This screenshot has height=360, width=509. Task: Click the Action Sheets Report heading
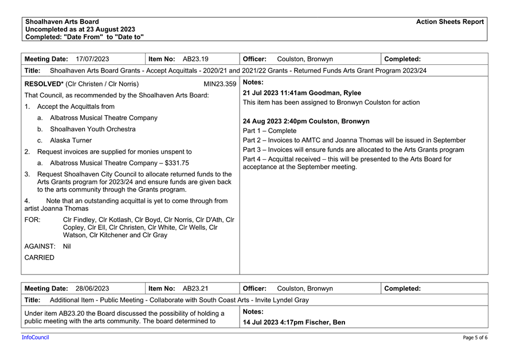pyautogui.click(x=450, y=22)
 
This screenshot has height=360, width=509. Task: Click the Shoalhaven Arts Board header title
pyautogui.click(x=62, y=22)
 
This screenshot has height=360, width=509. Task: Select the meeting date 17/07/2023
pyautogui.click(x=92, y=59)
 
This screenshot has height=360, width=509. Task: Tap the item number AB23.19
pyautogui.click(x=195, y=59)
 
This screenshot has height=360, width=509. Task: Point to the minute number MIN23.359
pyautogui.click(x=220, y=84)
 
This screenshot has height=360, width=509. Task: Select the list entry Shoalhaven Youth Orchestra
pyautogui.click(x=93, y=129)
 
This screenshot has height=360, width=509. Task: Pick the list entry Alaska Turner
pyautogui.click(x=71, y=140)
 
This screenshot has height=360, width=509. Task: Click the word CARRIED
pyautogui.click(x=40, y=257)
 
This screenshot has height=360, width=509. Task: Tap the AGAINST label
pyautogui.click(x=40, y=246)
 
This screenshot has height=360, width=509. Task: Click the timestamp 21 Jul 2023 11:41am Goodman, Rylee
pyautogui.click(x=302, y=93)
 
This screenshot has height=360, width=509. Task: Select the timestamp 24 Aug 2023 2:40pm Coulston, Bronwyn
pyautogui.click(x=306, y=122)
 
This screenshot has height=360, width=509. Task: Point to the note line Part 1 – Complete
pyautogui.click(x=269, y=131)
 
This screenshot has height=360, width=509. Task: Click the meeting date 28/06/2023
pyautogui.click(x=92, y=288)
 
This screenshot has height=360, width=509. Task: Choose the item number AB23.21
pyautogui.click(x=195, y=288)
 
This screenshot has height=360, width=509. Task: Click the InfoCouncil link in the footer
pyautogui.click(x=36, y=338)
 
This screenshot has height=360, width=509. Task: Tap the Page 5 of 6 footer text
pyautogui.click(x=475, y=338)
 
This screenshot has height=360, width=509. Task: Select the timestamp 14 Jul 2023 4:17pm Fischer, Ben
pyautogui.click(x=294, y=322)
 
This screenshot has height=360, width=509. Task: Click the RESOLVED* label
pyautogui.click(x=44, y=84)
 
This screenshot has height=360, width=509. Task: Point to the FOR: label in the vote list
pyautogui.click(x=33, y=220)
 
